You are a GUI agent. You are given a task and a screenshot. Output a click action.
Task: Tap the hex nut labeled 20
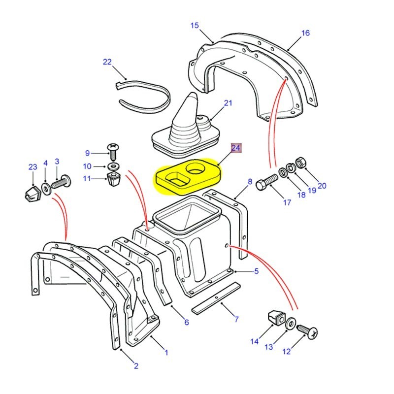(302, 163)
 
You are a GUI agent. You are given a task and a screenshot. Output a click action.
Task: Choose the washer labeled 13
(291, 323)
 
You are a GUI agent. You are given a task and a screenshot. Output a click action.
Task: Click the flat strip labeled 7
(216, 297)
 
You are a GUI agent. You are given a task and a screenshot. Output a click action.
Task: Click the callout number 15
(195, 25)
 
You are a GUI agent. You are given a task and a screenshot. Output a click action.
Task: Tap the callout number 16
(306, 33)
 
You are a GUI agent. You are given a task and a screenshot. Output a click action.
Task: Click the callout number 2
(136, 366)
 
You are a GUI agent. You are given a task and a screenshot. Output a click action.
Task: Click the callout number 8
(250, 182)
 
